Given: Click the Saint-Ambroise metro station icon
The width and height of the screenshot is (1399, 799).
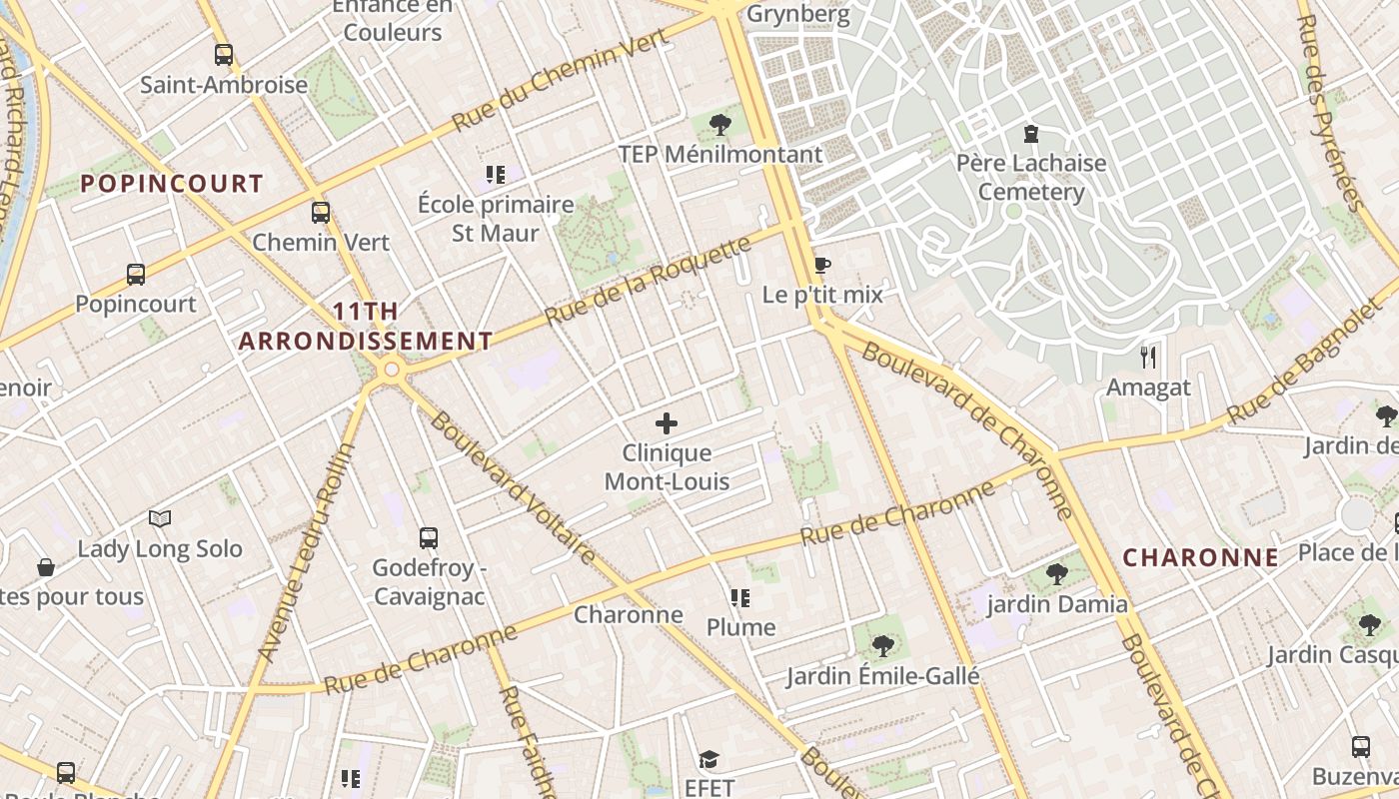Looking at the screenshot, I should pos(224,55).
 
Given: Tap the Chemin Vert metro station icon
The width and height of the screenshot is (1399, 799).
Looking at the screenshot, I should pos(321,213).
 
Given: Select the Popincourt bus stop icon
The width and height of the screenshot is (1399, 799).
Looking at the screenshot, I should pos(136,274).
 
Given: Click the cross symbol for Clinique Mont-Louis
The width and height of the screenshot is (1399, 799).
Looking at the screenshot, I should pos(667,423).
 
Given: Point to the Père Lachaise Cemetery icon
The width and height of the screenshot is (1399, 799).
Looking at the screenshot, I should pos(1031,133).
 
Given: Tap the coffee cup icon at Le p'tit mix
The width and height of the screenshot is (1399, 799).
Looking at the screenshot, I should pos(821,265).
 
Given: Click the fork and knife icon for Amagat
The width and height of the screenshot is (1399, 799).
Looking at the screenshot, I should pos(1148,357).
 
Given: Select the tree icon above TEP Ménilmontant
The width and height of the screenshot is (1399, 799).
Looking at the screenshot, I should pos(719,125).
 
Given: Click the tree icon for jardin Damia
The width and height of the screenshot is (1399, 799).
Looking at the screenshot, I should pos(1057,574).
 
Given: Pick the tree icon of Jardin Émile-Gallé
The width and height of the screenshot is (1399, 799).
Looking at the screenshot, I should pos(882,646).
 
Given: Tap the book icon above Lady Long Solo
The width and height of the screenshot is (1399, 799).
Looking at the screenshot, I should pos(160,518).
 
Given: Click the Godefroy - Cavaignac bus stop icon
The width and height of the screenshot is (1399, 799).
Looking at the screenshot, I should pos(429,538).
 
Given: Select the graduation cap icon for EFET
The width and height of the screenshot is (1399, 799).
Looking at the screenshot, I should pos(708,759).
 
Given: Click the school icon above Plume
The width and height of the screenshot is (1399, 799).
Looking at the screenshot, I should pos(740,598).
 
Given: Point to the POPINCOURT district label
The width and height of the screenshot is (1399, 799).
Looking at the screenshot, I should pos(172,184).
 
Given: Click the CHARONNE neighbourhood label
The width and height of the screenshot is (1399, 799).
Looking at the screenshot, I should pos(1200,558).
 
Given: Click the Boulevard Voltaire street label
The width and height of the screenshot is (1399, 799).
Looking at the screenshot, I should pos(512,486).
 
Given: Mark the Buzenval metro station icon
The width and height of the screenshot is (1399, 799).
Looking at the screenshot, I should pos(1361,746).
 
